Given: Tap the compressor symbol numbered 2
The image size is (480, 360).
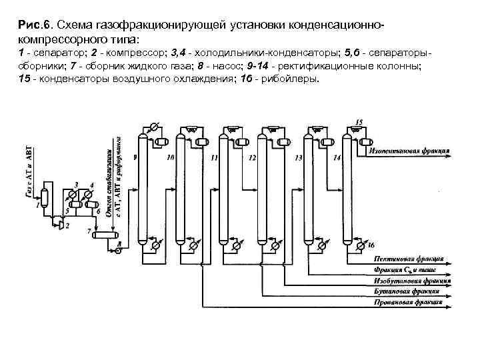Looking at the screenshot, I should click(x=61, y=225).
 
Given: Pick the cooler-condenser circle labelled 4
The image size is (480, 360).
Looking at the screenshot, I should click(x=87, y=193).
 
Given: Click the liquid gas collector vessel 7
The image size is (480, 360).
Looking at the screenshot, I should click(x=105, y=234).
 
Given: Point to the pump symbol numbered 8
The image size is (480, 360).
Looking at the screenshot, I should click(x=118, y=252).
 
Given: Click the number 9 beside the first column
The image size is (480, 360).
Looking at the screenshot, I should click(x=135, y=157).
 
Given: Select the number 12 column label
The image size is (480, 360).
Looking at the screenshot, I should click(x=251, y=158).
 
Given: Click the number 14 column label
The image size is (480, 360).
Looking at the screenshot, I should click(x=337, y=157).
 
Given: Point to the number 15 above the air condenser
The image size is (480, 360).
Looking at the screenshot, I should click(x=359, y=123).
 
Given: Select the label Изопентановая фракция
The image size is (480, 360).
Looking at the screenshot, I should click(x=409, y=151).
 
